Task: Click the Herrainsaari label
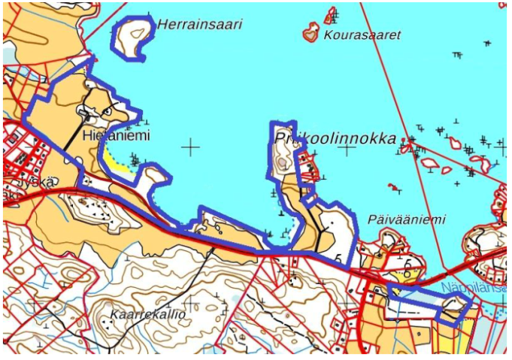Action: pyautogui.click(x=200, y=24)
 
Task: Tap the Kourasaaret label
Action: pyautogui.click(x=362, y=35)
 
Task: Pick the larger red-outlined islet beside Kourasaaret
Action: pyautogui.click(x=311, y=33)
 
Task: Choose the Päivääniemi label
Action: pyautogui.click(x=407, y=219)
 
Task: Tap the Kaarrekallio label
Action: pyautogui.click(x=147, y=313)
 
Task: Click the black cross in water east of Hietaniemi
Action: pyautogui.click(x=191, y=147)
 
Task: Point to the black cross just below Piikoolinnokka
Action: pyautogui.click(x=347, y=150)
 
